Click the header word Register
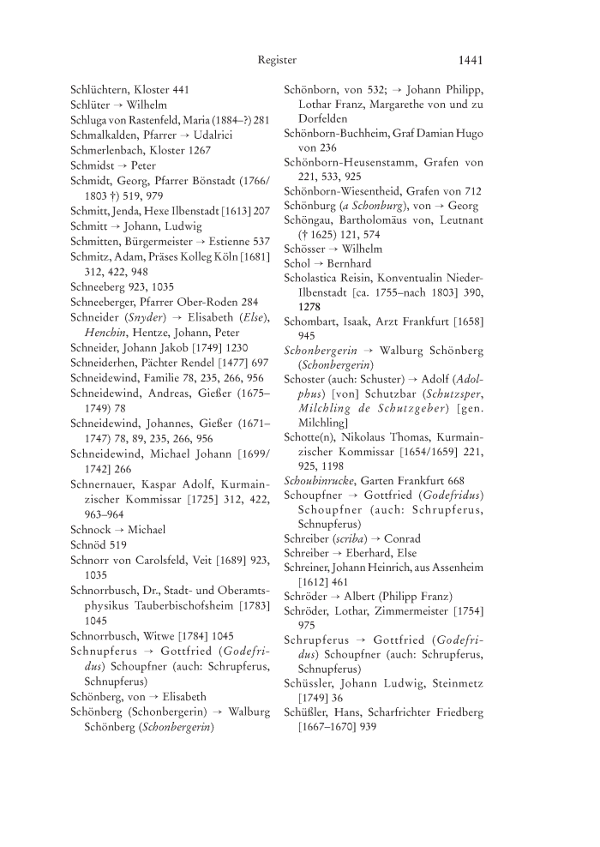point(277,60)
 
